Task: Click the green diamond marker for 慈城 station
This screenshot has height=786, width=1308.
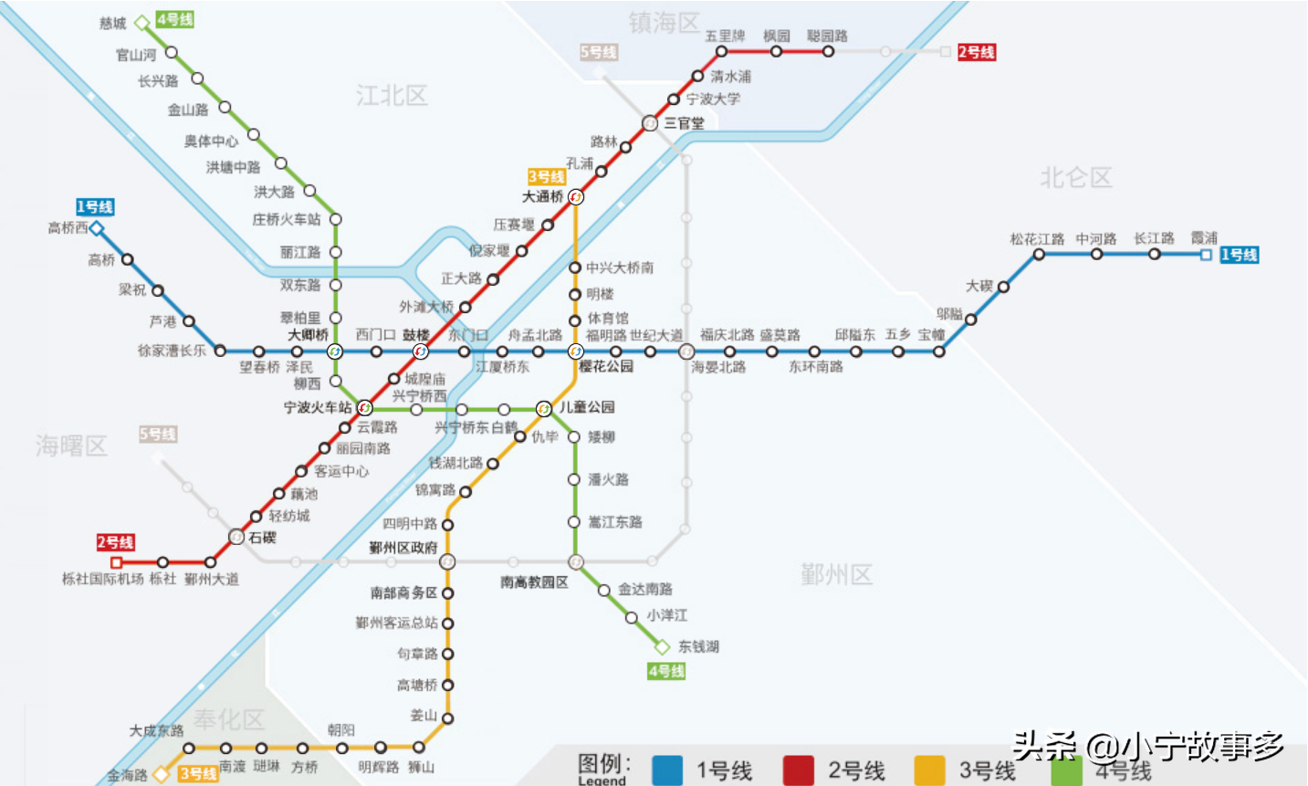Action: [141, 23]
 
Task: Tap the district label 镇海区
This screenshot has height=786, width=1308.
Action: [664, 23]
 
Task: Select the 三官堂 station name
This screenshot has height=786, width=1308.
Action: [684, 123]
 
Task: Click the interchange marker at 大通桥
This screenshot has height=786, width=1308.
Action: [575, 197]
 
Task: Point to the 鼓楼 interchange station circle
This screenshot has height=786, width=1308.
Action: [420, 351]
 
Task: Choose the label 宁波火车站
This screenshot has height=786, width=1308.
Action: [317, 407]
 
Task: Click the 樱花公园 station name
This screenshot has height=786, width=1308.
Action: [606, 367]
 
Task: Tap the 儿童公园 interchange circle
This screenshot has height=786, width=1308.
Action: [544, 408]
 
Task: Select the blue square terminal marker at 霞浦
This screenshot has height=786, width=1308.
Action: [1206, 255]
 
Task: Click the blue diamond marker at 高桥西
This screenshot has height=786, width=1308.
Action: [97, 228]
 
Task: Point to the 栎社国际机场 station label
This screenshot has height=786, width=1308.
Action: [102, 579]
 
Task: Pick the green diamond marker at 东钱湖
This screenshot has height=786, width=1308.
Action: [662, 647]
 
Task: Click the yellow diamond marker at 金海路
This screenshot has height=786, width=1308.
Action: [161, 774]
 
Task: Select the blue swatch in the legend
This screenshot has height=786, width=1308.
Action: [667, 770]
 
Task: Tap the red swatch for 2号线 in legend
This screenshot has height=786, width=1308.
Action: [798, 770]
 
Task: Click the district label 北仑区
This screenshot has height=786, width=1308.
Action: [1076, 178]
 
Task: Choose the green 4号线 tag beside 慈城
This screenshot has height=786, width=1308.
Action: [174, 19]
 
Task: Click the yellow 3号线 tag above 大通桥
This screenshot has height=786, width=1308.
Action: [546, 176]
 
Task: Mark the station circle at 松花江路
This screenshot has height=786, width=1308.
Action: [1039, 255]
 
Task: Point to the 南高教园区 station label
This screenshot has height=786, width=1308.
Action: [534, 582]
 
